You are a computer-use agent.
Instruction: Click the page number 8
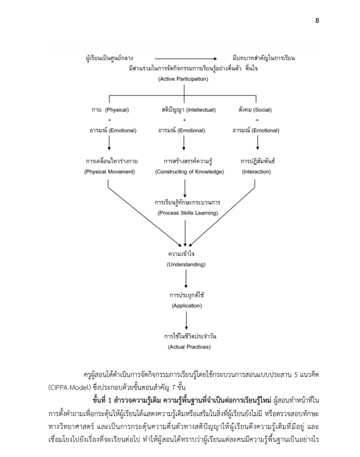coord(317,20)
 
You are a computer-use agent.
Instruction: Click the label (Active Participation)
coord(183,79)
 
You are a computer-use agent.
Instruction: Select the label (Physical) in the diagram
coord(117,110)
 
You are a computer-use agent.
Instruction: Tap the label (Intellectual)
coord(201,110)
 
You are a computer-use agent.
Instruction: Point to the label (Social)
coord(262,110)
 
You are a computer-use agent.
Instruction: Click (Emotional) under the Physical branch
coord(122,130)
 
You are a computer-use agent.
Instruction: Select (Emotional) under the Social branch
coord(265,130)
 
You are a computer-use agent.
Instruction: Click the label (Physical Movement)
coord(110,172)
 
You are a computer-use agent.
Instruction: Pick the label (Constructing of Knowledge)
coord(189,172)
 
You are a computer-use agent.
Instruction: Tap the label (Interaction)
coord(257,172)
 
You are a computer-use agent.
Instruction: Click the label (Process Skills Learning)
coord(188,213)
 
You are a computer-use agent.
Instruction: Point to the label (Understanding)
coord(186,265)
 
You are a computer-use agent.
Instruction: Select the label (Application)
coord(186,306)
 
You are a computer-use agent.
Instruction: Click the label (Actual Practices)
coord(189,347)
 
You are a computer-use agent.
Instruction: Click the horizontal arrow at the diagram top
coord(186,59)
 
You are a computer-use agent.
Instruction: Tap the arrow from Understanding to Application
coord(186,279)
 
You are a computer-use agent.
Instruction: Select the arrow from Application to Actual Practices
coord(186,320)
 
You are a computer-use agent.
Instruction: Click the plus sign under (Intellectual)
coord(184,120)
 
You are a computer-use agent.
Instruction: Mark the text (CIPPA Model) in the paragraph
coord(70,387)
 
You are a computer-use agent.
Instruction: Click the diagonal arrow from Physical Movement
coord(144,213)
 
